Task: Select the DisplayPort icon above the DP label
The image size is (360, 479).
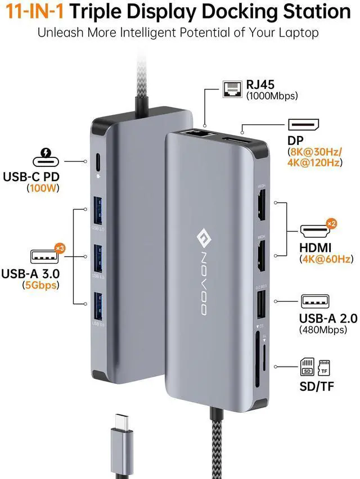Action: (x=304, y=124)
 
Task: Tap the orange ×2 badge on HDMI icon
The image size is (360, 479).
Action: (x=332, y=224)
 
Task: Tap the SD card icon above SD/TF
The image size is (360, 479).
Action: (x=307, y=368)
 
